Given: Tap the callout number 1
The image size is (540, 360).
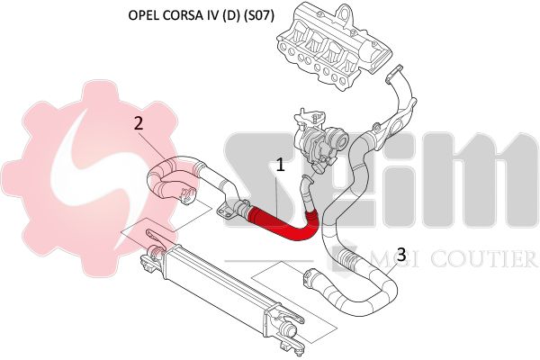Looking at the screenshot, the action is tap(281, 165).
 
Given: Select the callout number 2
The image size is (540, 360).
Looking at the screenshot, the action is tap(139, 123).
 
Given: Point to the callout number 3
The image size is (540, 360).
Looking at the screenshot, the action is tap(401, 255).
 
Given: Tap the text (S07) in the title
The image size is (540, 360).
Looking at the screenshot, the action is tap(258, 16).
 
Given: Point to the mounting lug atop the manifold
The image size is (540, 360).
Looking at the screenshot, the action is tap(343, 13).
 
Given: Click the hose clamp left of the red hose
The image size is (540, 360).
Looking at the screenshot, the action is tap(241, 209).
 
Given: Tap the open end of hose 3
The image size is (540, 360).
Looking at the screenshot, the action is tap(308, 276).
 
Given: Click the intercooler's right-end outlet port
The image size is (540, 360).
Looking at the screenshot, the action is tap(289, 331).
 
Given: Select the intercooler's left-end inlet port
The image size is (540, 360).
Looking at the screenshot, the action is tap(156, 252).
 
